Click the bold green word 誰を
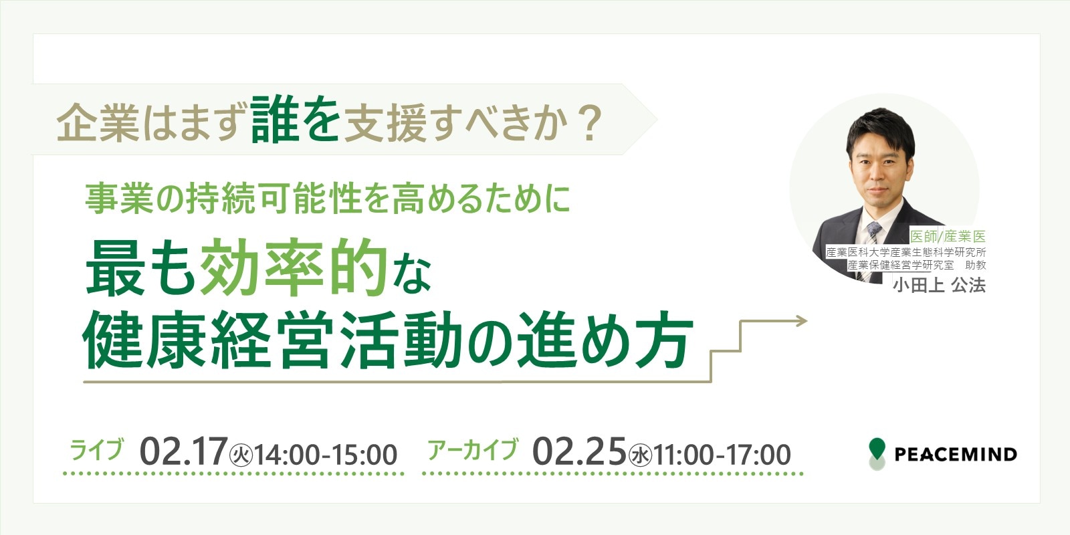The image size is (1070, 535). pos(295,120)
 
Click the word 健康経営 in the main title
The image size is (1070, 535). pos(208,340)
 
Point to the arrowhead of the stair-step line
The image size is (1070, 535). pos(801,321)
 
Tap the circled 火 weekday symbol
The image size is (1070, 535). pos(241,455)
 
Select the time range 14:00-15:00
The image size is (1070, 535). pos(326,455)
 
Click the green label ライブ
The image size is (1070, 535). pos(96,449)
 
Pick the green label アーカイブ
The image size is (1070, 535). pos(473,449)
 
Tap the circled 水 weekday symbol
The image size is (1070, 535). pos(640,455)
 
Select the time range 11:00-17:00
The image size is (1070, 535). pos(722,455)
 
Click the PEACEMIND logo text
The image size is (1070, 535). pos(956,454)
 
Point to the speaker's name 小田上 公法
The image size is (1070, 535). pos(939,285)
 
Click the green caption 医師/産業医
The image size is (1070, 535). pos(948,236)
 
